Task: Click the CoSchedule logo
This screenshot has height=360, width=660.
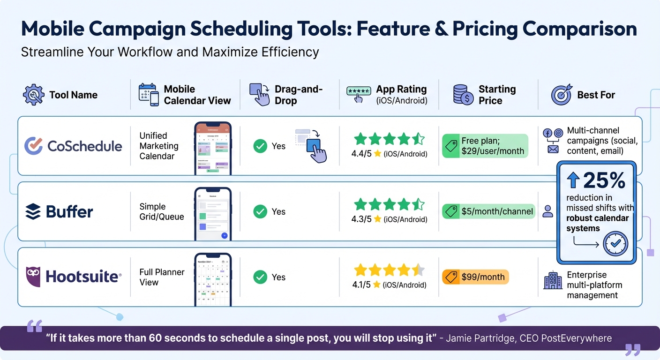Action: pos(73,146)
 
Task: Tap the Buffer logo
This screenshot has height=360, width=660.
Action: pos(59,212)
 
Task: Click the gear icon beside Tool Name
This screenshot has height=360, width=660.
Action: pos(33,95)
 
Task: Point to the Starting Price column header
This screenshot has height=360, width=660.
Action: pos(496,95)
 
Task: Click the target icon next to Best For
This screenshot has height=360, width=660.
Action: pos(562,95)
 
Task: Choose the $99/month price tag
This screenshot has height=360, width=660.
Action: pos(475,277)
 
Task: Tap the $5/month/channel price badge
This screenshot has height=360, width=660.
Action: pos(488,211)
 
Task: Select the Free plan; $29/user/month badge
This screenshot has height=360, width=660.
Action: pos(485,146)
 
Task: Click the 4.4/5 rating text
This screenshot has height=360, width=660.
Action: pos(361,153)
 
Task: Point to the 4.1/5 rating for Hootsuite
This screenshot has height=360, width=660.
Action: pos(361,285)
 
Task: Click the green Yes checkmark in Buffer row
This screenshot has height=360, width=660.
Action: pos(260,212)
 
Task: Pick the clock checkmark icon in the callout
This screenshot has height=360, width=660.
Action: pos(615,243)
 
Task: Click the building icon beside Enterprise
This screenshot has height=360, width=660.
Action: pos(553,282)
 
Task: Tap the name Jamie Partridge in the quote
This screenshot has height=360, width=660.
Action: pos(482,338)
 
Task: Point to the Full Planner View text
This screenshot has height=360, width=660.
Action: pos(162,277)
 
